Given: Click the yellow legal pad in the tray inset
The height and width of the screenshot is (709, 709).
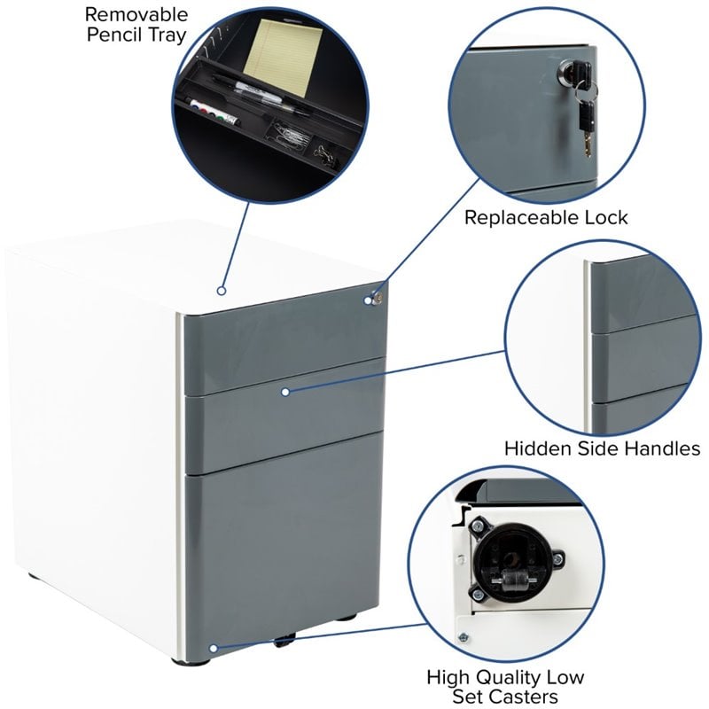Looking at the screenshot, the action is [x=283, y=56].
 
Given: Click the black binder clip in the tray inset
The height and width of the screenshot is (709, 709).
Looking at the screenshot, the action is [x=326, y=155].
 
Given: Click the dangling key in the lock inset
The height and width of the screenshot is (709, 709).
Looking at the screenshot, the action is [x=585, y=127].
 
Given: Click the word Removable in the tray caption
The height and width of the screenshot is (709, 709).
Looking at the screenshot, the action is [x=136, y=14].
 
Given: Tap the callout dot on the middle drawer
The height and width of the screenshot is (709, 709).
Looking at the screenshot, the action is [x=285, y=392].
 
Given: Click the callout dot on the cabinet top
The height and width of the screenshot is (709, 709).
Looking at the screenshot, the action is [x=221, y=291].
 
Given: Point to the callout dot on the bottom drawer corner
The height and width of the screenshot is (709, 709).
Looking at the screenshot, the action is [x=214, y=649].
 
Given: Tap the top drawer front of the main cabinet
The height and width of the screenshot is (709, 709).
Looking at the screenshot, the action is [x=284, y=344].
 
